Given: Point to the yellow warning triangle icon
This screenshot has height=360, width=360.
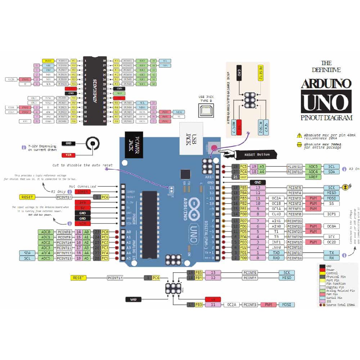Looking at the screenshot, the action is [299, 136].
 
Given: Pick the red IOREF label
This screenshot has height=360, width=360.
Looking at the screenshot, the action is [82, 192].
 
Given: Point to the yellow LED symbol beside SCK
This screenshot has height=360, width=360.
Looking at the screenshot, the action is [346, 187].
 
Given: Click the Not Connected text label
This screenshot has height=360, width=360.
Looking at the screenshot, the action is [83, 186].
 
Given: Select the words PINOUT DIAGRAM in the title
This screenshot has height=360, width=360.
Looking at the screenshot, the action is [326, 118].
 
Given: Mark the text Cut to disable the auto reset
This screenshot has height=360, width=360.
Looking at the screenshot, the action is [83, 165].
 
